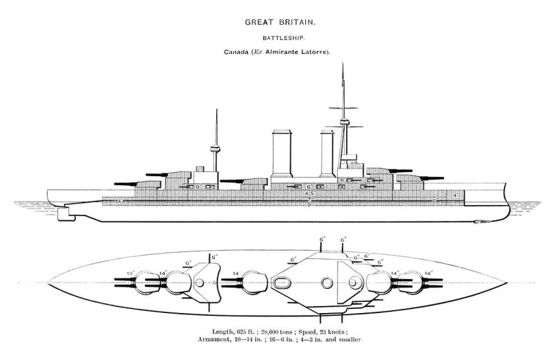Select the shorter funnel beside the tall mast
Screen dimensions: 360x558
[x=327, y=155]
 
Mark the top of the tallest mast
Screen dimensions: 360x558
[x=343, y=64]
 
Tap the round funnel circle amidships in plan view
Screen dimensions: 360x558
[x=327, y=283]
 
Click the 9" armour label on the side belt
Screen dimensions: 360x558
[x=309, y=204]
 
